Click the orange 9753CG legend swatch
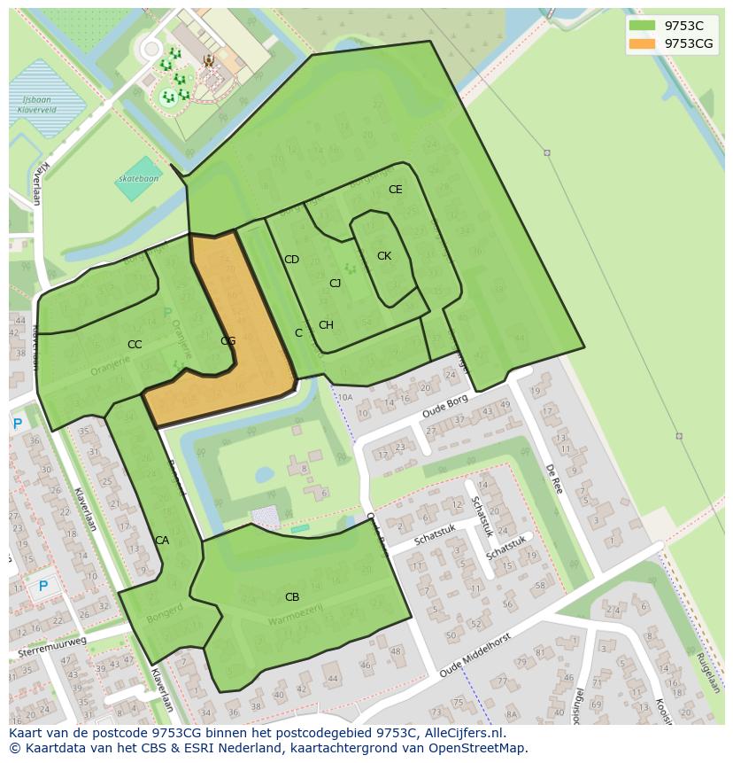click(642, 43)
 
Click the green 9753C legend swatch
click(642, 26)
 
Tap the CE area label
click(395, 190)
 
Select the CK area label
click(383, 256)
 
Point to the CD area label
click(291, 260)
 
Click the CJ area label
click(335, 284)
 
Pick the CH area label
click(326, 325)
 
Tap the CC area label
click(135, 345)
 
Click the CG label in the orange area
click(228, 341)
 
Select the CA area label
click(162, 541)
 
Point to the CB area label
click(291, 597)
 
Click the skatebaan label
click(138, 179)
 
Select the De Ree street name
click(554, 478)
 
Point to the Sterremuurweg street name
click(52, 647)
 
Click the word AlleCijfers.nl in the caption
click(463, 733)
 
